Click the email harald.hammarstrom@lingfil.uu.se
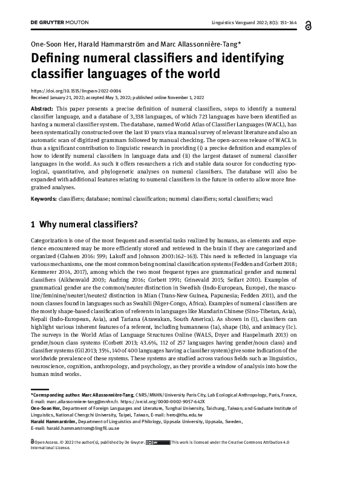point(75,429)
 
